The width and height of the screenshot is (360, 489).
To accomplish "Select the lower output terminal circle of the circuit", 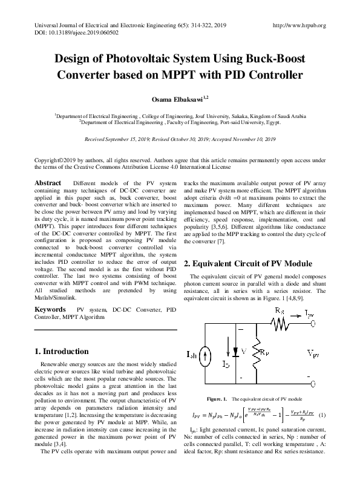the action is pyautogui.click(x=312, y=382).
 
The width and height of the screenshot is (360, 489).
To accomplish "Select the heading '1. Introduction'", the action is pyautogui.click(x=62, y=351).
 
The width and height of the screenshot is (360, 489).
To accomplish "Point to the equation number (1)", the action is pyautogui.click(x=322, y=415).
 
